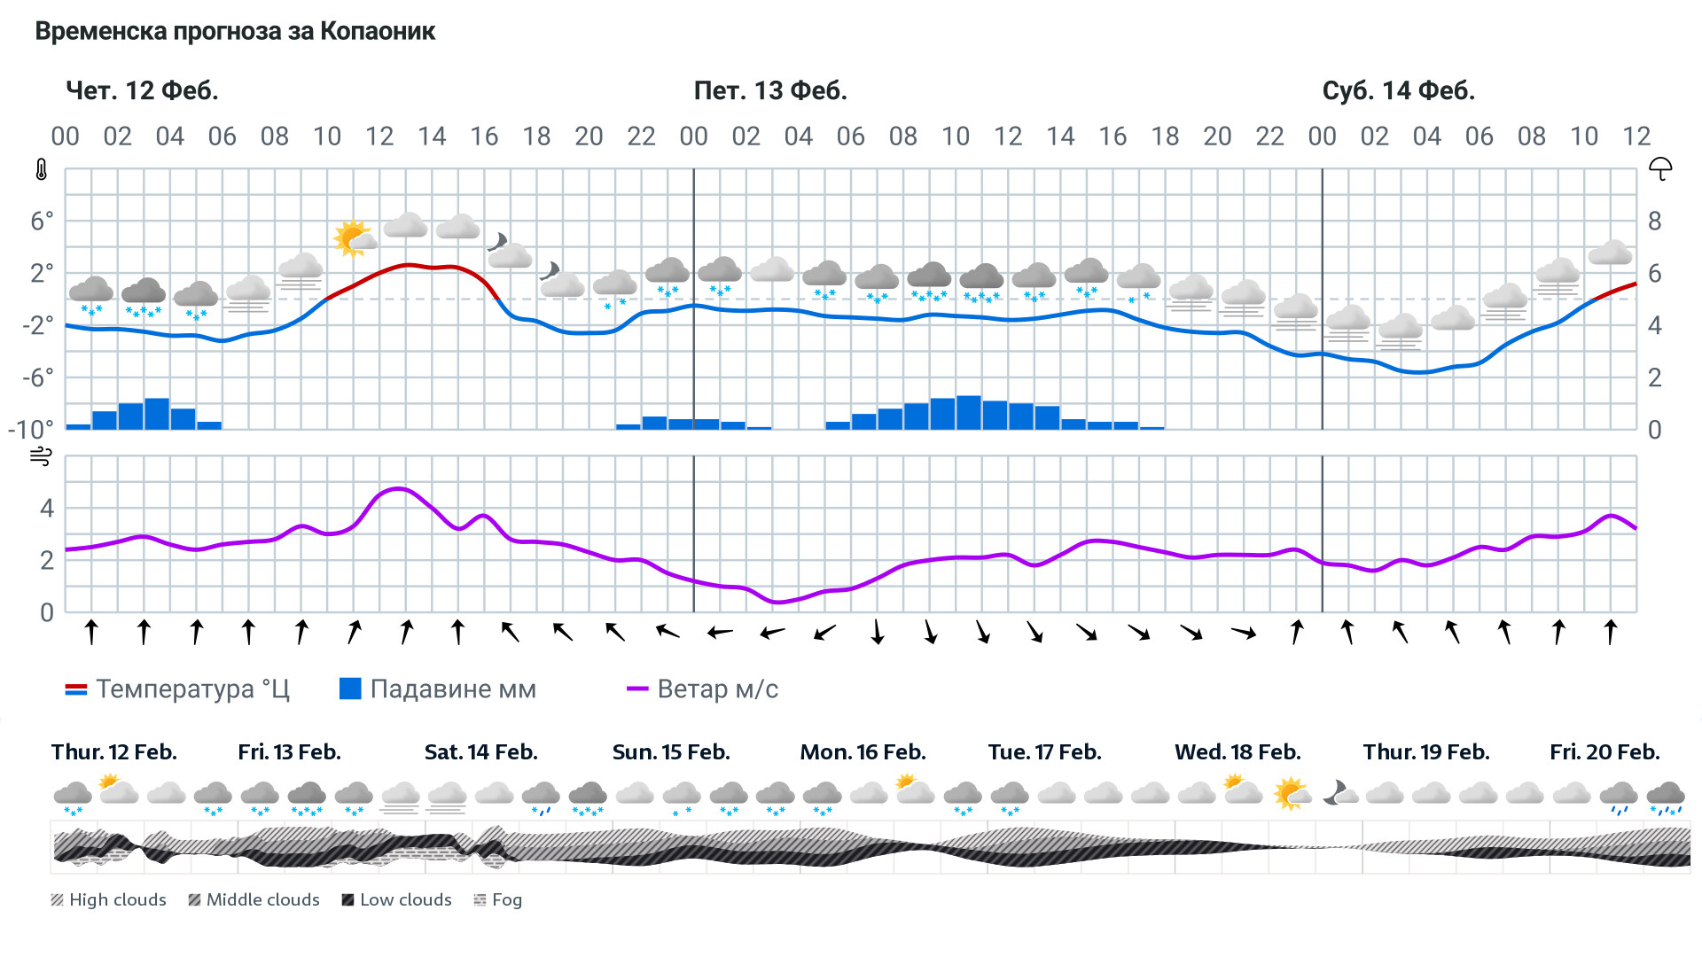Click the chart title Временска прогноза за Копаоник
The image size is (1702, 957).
(235, 32)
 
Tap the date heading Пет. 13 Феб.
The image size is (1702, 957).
(770, 90)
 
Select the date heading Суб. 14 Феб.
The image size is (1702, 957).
(1398, 90)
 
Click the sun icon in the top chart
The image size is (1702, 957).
(352, 237)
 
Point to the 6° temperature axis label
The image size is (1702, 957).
(42, 221)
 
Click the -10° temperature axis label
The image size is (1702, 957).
(30, 430)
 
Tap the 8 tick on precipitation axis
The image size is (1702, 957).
(1654, 221)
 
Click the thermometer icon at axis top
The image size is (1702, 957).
(42, 169)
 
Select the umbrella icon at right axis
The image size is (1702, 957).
(1659, 168)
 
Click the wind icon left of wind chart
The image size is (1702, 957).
(41, 456)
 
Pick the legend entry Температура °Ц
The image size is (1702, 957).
(177, 689)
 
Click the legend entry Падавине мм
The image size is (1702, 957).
(438, 689)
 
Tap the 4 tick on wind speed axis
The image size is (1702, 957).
(47, 508)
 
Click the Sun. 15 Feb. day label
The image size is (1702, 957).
(671, 752)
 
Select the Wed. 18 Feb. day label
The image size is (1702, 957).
(1237, 752)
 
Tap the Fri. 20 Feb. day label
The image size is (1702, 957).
(1604, 752)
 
